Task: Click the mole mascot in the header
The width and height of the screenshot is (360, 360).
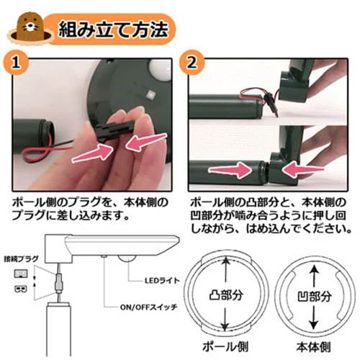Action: coord(30,27)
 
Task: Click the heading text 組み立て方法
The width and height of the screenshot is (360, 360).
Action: coord(113,30)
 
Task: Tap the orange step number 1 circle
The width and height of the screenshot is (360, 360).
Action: coord(16,63)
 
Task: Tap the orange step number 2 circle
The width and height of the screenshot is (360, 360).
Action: coord(192,63)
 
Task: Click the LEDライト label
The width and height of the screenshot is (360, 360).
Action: coord(162,280)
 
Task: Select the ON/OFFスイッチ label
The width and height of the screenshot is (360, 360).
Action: coord(148,307)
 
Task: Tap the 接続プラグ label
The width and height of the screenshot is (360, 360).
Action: coord(21,259)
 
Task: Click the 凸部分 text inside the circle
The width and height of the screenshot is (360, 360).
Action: coord(226,295)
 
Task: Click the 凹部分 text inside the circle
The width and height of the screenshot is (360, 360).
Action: coord(315,297)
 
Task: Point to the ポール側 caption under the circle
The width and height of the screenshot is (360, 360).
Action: coord(225,346)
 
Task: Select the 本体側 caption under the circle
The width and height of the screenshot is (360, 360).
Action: coord(313,347)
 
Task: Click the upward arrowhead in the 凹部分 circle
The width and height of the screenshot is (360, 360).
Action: coord(315,272)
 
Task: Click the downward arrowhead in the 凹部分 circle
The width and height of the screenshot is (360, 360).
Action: coord(313,325)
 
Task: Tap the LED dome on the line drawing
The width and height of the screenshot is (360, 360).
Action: coord(126,258)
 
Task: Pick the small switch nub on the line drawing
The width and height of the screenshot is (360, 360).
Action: coord(104,256)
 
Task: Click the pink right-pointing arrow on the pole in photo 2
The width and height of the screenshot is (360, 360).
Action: coord(230,170)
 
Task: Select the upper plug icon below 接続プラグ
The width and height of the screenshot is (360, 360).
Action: coord(21,274)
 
